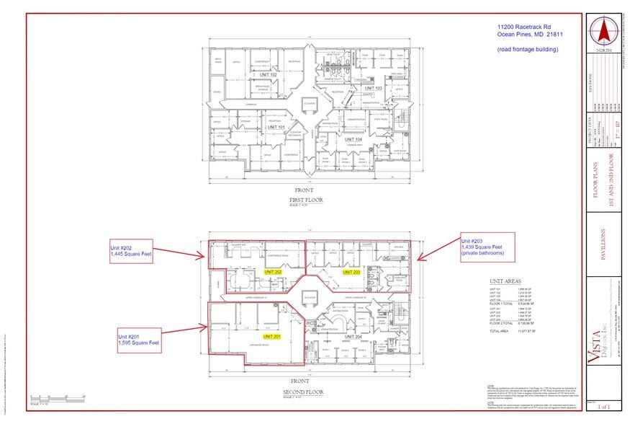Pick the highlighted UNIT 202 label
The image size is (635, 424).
273,272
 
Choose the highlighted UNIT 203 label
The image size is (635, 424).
351,272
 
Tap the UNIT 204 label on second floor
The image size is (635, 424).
353,337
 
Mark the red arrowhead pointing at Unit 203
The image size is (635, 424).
420,257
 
